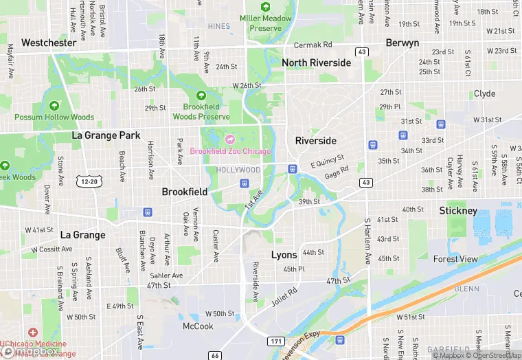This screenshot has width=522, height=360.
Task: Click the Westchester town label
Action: click(x=49, y=43)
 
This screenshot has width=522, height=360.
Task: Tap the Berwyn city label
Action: click(x=402, y=43)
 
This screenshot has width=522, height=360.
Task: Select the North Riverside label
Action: click(x=316, y=63)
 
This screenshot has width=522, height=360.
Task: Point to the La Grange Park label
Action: click(x=106, y=135)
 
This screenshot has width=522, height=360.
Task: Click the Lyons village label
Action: click(x=284, y=255)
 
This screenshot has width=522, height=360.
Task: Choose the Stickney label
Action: click(x=458, y=210)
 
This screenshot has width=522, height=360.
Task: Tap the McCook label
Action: click(x=198, y=326)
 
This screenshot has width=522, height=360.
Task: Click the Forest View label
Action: click(x=455, y=259)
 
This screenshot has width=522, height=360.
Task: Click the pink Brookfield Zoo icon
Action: click(x=229, y=139)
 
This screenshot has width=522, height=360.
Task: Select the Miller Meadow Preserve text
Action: click(x=265, y=23)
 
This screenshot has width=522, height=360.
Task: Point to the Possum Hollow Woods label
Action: click(x=54, y=117)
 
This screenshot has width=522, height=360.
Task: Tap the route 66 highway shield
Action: click(x=215, y=355)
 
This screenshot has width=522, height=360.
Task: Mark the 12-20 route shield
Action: click(x=91, y=180)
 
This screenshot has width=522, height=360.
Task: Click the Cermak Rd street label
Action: click(x=313, y=45)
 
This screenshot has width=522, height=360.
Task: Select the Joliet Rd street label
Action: click(x=283, y=296)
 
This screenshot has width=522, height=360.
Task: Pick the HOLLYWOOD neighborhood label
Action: click(x=238, y=170)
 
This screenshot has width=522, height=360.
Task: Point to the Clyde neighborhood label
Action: click(x=484, y=93)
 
